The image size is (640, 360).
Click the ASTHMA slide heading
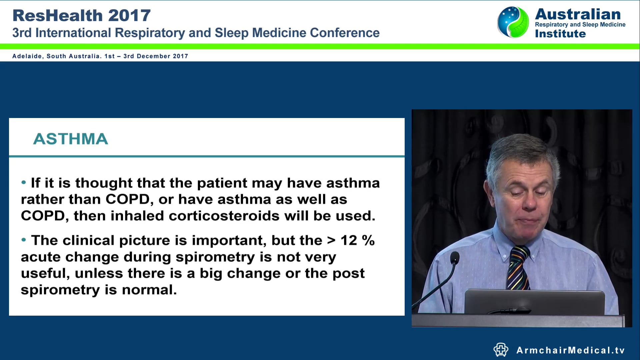click(x=70, y=139)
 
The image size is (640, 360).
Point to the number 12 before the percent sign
click(x=349, y=241)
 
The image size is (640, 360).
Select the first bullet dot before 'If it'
click(x=23, y=182)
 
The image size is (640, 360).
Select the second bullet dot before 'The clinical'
click(x=23, y=240)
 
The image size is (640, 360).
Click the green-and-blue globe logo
click(x=513, y=22)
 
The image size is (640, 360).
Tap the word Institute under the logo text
click(x=560, y=34)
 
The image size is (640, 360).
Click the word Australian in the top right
click(x=578, y=14)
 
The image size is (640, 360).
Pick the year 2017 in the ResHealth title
click(x=129, y=16)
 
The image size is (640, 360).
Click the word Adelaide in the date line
click(x=27, y=56)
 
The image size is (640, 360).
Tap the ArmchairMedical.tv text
click(x=570, y=350)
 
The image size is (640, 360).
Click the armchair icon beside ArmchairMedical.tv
click(x=501, y=350)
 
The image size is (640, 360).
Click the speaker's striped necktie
click(x=518, y=268)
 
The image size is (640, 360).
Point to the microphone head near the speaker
click(x=455, y=258)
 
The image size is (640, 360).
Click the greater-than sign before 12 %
click(x=331, y=241)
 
